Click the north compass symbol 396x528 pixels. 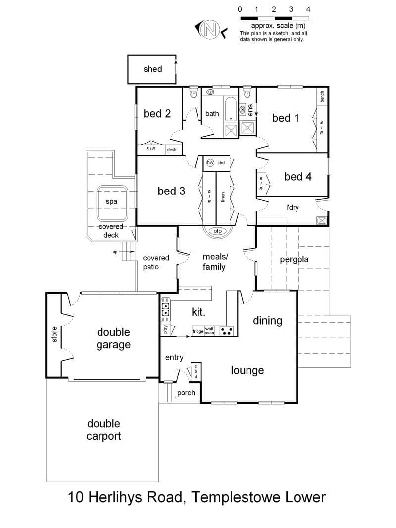tap(210, 29)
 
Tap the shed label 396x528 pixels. tap(152, 69)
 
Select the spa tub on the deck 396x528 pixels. tap(112, 202)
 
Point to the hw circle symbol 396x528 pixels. tap(210, 163)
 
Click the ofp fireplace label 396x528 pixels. tap(218, 231)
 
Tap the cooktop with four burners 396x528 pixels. tap(227, 331)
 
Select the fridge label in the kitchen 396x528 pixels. tap(198, 331)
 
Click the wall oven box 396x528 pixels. tap(209, 331)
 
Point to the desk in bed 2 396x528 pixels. tap(172, 150)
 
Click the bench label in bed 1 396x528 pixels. tap(322, 96)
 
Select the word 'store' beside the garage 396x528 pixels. tap(54, 335)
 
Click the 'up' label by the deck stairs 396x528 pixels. tap(115, 252)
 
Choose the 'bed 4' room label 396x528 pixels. tap(297, 177)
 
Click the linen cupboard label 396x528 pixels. tap(223, 197)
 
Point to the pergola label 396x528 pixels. tap(294, 260)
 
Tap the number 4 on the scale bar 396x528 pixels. tap(308, 9)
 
